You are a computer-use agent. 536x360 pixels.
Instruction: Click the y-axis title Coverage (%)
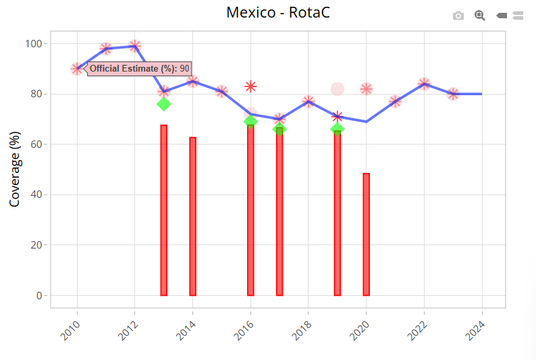pyautogui.click(x=15, y=169)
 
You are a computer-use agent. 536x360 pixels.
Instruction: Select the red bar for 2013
pyautogui.click(x=163, y=210)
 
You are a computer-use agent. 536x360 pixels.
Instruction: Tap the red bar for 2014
pyautogui.click(x=192, y=216)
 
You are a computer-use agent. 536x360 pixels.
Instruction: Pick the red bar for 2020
pyautogui.click(x=366, y=234)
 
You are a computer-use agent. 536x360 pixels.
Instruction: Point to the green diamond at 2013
pyautogui.click(x=163, y=104)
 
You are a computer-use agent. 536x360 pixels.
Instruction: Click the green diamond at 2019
pyautogui.click(x=337, y=129)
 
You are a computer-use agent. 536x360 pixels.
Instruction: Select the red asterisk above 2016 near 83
pyautogui.click(x=250, y=86)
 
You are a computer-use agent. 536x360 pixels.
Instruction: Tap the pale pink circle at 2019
pyautogui.click(x=338, y=88)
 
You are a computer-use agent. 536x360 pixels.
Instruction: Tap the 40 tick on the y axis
pyautogui.click(x=35, y=195)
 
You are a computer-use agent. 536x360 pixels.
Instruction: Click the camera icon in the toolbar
pyautogui.click(x=458, y=16)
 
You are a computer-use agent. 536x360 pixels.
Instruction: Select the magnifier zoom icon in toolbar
pyautogui.click(x=480, y=15)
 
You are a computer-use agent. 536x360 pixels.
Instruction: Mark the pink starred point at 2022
pyautogui.click(x=424, y=84)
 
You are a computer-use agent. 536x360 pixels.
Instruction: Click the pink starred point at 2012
pyautogui.click(x=134, y=46)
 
